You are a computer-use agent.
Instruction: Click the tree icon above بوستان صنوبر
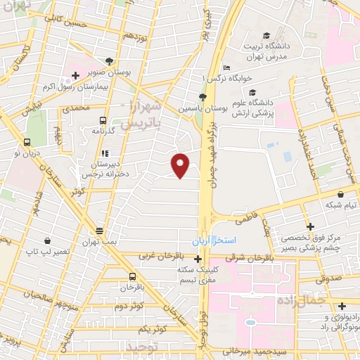[109, 61]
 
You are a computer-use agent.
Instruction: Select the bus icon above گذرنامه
[103, 120]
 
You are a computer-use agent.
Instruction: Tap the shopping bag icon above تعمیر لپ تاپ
[46, 240]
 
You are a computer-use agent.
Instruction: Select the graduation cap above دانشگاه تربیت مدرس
[266, 36]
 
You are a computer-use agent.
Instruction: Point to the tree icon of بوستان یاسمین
[202, 97]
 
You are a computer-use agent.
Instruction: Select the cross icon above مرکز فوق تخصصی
[309, 226]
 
